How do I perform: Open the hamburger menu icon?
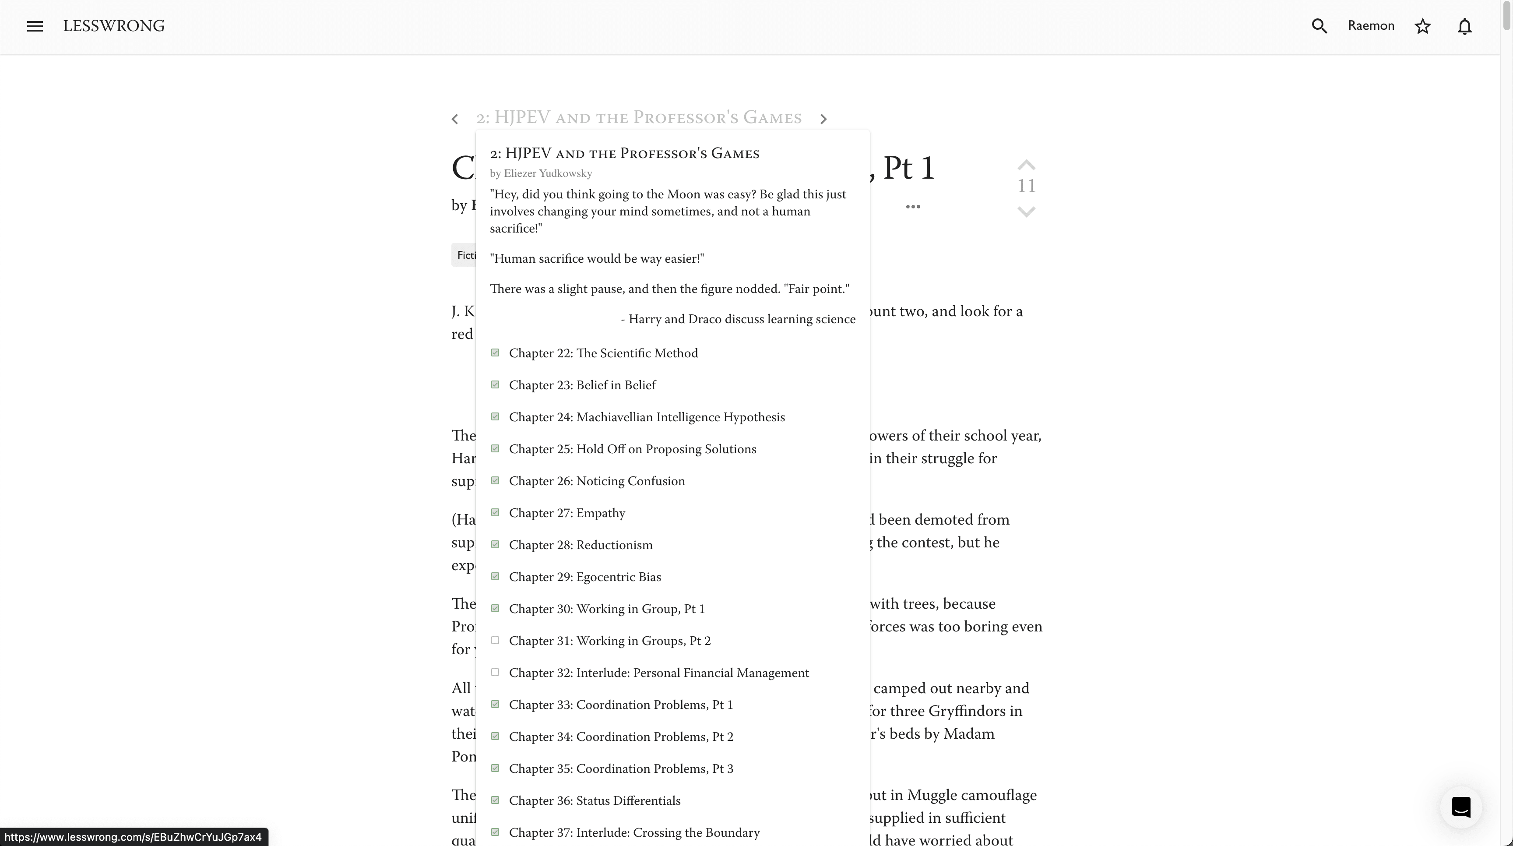point(35,26)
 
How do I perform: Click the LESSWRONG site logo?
point(113,26)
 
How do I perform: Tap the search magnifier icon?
point(1319,26)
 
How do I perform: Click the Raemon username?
point(1370,26)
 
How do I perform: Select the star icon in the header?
point(1422,26)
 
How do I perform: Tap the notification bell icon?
point(1464,26)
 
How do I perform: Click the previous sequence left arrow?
point(454,119)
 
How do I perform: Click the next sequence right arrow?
point(823,119)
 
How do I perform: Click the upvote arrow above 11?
point(1025,165)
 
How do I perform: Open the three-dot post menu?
point(913,206)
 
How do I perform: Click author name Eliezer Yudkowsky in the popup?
point(547,173)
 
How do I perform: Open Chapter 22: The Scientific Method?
point(603,353)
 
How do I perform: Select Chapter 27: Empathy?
point(567,513)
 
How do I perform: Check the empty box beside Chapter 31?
point(495,640)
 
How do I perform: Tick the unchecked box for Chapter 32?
point(495,672)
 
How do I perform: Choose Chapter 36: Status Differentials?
point(595,801)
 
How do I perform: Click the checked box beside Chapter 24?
point(495,416)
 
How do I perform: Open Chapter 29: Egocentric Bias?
point(584,577)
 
